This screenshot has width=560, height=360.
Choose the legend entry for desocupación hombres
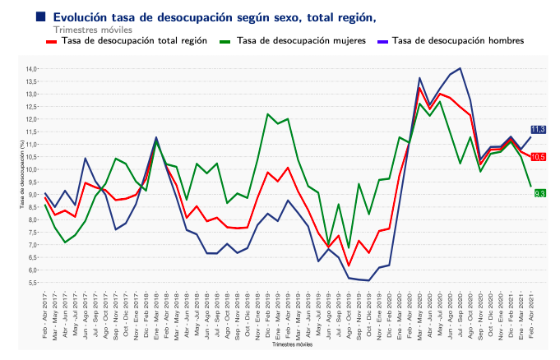click(458, 40)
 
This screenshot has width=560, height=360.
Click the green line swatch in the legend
click(225, 40)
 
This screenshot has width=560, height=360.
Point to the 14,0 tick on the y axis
click(32, 69)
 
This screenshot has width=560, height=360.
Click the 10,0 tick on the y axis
click(32, 169)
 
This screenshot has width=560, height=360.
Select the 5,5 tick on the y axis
click(32, 283)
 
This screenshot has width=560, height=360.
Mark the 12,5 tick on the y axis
click(32, 107)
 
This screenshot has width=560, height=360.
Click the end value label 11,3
click(539, 130)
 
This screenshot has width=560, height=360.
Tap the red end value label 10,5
click(539, 157)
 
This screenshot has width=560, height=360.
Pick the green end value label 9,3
click(540, 193)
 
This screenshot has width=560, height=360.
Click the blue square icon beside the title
click(40, 16)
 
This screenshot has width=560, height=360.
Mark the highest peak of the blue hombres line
click(460, 68)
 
